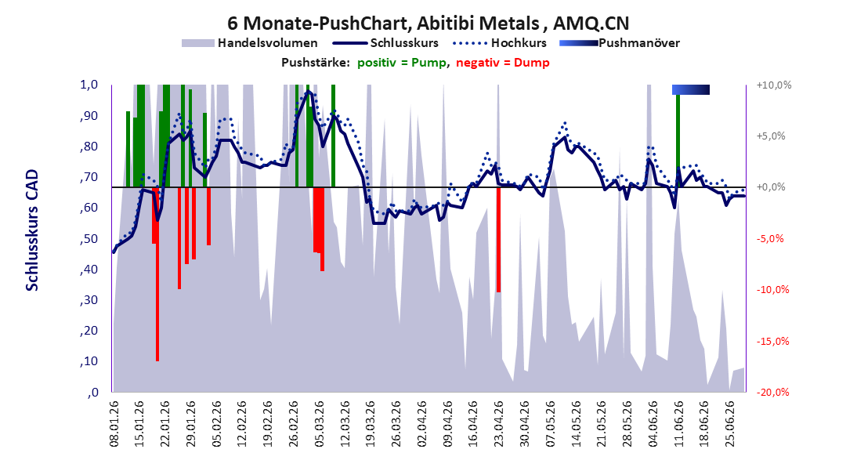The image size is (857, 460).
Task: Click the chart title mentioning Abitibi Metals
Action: click(x=428, y=23)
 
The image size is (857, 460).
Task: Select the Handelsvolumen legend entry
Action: click(x=249, y=42)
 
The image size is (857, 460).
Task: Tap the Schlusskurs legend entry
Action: click(x=385, y=42)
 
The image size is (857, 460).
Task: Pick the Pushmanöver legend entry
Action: click(x=620, y=42)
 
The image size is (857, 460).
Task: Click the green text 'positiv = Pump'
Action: click(x=402, y=63)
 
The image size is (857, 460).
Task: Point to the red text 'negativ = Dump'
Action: click(x=503, y=63)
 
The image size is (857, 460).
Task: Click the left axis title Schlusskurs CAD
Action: click(x=32, y=230)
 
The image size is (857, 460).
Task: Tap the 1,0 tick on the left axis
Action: click(x=89, y=85)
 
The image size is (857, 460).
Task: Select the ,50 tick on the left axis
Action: click(x=89, y=238)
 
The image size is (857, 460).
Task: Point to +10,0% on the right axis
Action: click(x=774, y=85)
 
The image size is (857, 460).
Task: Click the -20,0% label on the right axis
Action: click(x=774, y=392)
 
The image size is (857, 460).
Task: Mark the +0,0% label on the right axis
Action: click(x=771, y=187)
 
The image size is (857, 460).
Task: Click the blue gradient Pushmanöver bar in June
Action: click(x=691, y=89)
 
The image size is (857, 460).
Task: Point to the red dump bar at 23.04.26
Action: click(x=498, y=240)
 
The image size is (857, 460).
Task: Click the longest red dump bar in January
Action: click(x=157, y=274)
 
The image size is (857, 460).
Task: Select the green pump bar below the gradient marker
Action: click(x=678, y=140)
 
